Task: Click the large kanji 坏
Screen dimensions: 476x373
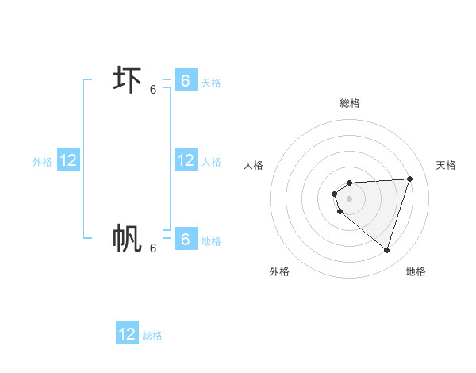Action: point(127,81)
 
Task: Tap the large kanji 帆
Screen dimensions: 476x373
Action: point(127,238)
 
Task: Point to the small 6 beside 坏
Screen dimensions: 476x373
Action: point(153,90)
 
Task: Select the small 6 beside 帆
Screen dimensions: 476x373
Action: point(153,248)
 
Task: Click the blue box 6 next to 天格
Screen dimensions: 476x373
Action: point(185,81)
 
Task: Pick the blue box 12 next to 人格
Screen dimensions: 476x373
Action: point(186,160)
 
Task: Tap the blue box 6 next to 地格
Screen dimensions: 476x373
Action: point(185,239)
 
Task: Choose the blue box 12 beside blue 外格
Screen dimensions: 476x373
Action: point(67,160)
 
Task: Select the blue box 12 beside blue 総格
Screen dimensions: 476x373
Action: point(127,334)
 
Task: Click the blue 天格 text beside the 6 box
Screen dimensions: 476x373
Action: point(211,83)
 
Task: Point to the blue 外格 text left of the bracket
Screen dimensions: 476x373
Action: point(42,162)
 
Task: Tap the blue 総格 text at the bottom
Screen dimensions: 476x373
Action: point(152,336)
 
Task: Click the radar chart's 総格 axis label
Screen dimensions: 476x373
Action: point(350,103)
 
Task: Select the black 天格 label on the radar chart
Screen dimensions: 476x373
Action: point(446,165)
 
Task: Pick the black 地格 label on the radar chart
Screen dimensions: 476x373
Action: point(416,271)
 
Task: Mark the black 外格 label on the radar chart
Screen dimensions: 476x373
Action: point(279,271)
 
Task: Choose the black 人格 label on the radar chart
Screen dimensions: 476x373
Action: point(254,165)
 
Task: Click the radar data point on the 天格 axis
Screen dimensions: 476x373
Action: point(410,179)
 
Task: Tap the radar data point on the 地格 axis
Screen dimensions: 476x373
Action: point(387,250)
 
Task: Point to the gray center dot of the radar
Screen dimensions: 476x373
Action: point(350,198)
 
